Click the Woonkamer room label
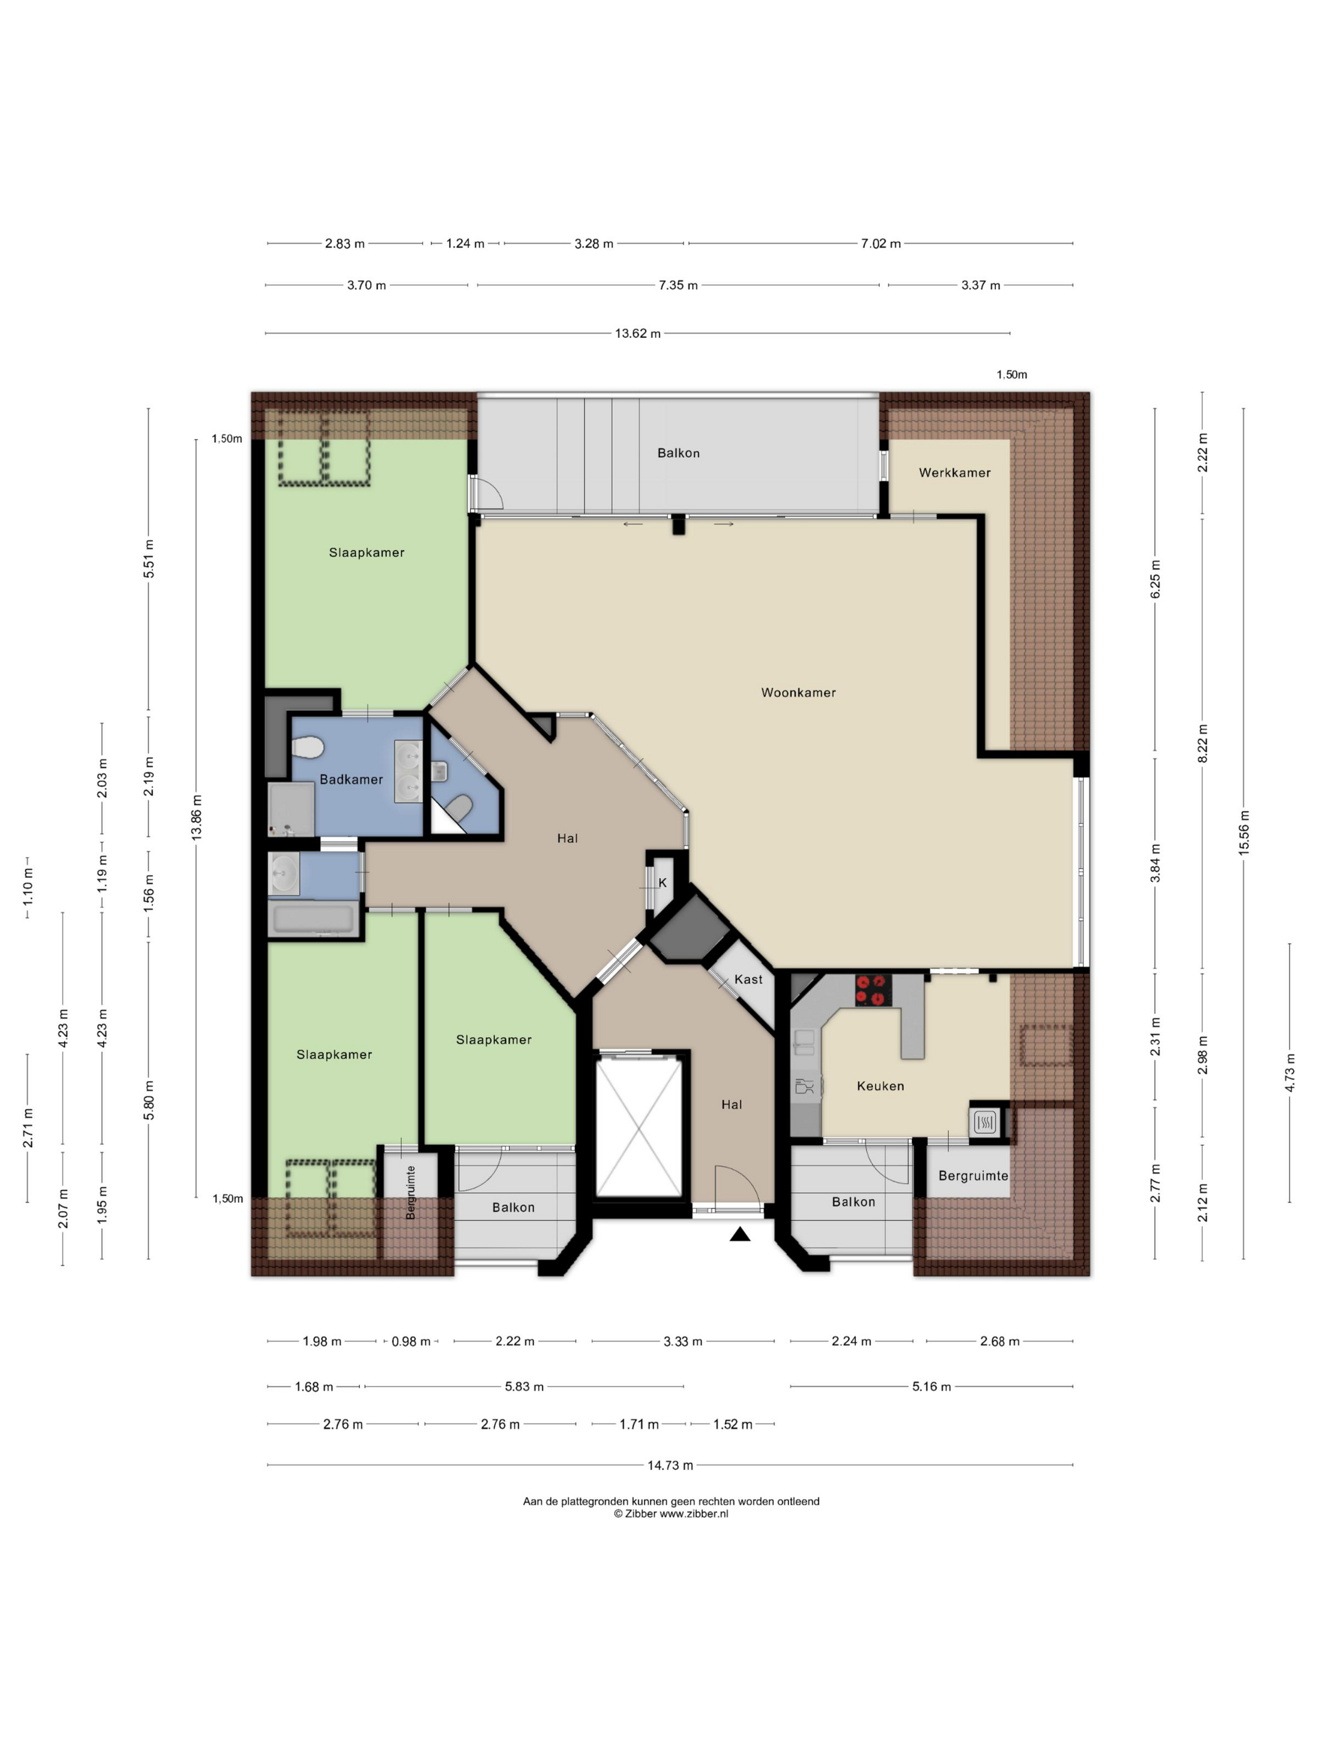[798, 692]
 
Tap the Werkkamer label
[955, 472]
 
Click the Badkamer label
[351, 780]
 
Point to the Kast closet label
[748, 979]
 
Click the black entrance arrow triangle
[740, 1234]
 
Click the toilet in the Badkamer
[308, 748]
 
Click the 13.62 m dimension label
[637, 334]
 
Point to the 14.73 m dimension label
[670, 1466]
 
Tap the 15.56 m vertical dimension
[1244, 832]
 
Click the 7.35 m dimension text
[678, 285]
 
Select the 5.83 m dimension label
[524, 1387]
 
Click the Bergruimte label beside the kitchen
[973, 1176]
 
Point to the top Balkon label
[678, 453]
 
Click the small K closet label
[662, 883]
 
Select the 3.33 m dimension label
[683, 1341]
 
